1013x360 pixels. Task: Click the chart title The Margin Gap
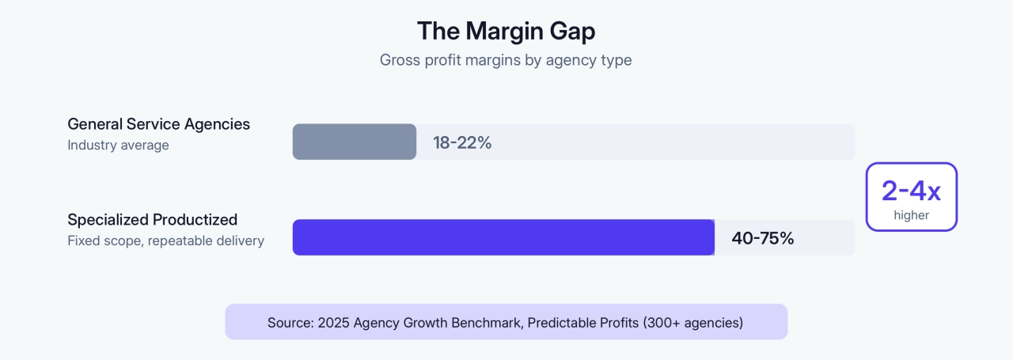point(506,31)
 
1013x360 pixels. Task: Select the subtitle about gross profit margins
point(506,60)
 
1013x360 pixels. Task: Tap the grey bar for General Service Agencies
point(354,142)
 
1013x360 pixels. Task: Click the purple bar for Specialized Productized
point(503,237)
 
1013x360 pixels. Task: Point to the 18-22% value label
point(462,143)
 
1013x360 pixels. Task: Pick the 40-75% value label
point(763,238)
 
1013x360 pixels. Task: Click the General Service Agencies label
point(158,124)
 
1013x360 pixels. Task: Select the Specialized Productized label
point(153,220)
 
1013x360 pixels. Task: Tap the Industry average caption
point(118,146)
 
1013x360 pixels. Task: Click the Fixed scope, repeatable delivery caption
point(166,241)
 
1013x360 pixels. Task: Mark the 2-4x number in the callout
point(911,191)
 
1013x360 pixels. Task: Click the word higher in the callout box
point(912,214)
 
